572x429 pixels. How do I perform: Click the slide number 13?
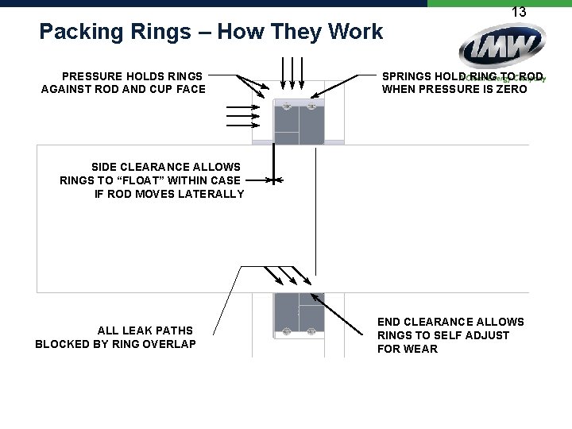coord(519,12)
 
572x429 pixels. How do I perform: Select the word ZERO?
coord(511,89)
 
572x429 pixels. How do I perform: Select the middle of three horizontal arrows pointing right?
coord(238,115)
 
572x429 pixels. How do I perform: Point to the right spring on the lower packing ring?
coord(311,330)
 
